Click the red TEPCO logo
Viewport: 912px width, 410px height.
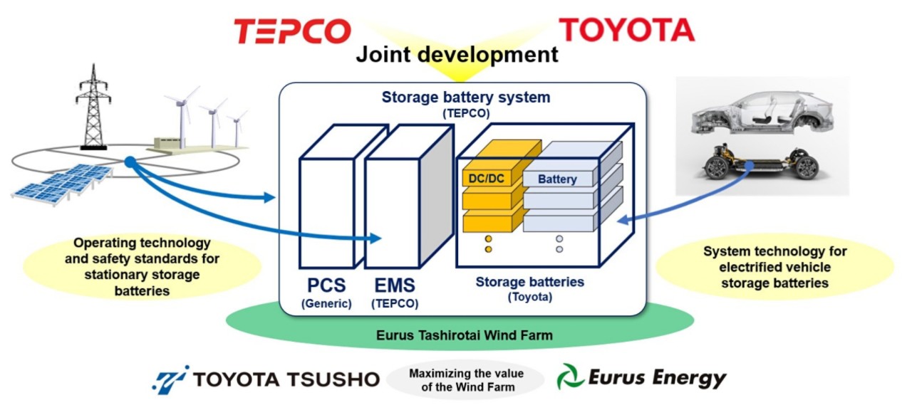tap(292, 31)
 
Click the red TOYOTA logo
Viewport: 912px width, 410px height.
tap(626, 29)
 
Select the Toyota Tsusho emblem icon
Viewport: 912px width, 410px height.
tap(170, 379)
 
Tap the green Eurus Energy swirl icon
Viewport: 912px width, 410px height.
tap(571, 377)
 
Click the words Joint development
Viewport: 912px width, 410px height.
tap(457, 54)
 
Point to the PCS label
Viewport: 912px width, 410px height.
tap(326, 286)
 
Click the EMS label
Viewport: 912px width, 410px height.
tap(394, 286)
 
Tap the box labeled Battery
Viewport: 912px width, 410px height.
tap(558, 179)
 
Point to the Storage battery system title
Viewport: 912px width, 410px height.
tap(466, 97)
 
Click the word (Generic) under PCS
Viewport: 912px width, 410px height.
tap(326, 303)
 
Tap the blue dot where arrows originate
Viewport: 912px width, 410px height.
tap(129, 162)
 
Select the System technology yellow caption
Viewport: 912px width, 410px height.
tap(774, 267)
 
